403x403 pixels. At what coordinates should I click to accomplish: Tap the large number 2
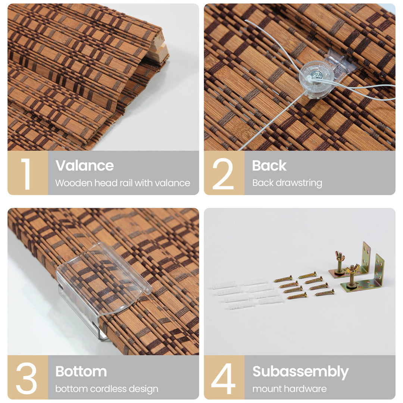223,174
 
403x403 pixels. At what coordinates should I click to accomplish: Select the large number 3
26,378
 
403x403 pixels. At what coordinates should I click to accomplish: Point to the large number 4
223,378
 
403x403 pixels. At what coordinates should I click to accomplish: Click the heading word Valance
85,166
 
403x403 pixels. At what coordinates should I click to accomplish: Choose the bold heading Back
269,166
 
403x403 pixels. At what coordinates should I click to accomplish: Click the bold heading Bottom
81,371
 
